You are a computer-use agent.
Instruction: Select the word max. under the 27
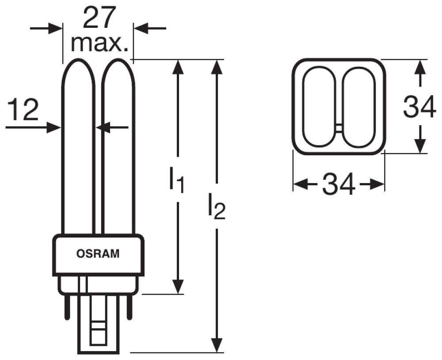99,43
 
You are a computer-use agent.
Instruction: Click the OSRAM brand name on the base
98,254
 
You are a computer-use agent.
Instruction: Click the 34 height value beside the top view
419,107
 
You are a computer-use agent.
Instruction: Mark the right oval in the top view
359,107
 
